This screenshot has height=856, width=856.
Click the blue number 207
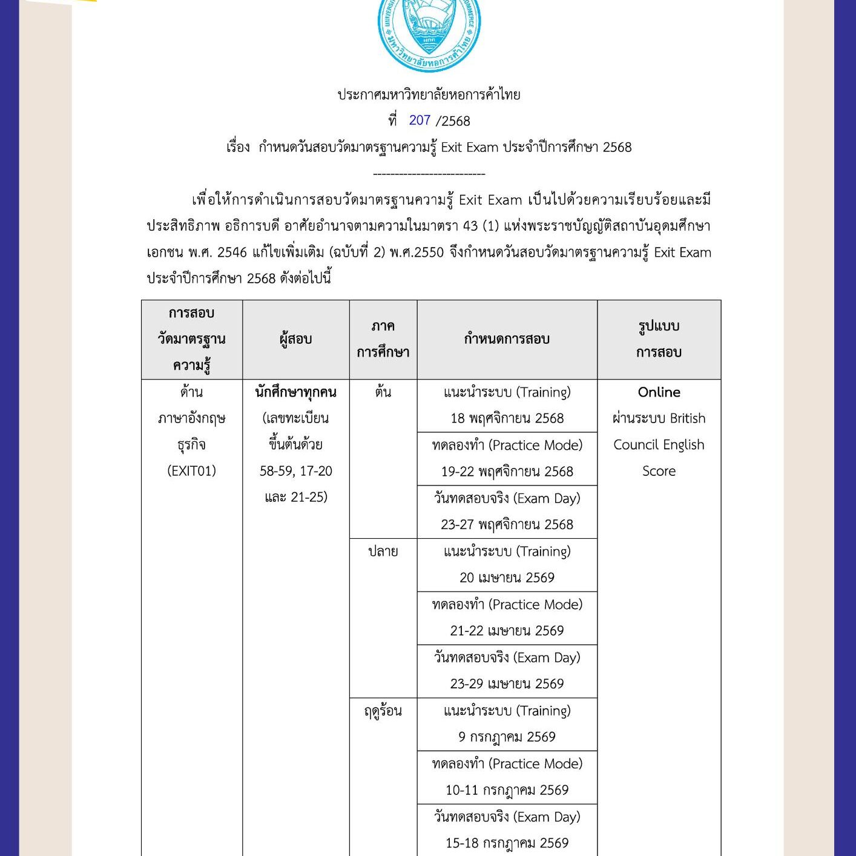pos(420,120)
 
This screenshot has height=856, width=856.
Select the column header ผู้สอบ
pos(295,339)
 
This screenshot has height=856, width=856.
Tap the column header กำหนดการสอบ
pos(507,339)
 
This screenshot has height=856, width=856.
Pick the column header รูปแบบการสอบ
pos(659,339)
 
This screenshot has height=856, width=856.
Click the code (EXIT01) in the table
pos(191,471)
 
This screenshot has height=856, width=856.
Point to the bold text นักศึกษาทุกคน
pos(295,392)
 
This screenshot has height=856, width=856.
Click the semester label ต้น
pos(383,392)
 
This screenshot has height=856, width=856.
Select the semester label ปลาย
pos(383,551)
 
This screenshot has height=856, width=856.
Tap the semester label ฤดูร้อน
pos(383,711)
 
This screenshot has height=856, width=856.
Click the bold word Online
pos(659,392)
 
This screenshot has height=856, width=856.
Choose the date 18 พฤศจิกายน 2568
pos(507,418)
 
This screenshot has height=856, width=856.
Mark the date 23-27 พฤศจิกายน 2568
pos(507,524)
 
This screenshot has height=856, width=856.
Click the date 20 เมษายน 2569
pos(507,578)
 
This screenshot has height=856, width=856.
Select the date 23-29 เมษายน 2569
pos(507,683)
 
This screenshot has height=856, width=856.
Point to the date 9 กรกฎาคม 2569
pos(507,737)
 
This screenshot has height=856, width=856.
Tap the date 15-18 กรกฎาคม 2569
pos(507,843)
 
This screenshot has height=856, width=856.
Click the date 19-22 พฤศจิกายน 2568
pos(507,472)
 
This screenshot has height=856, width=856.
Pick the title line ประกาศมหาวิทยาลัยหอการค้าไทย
pos(429,94)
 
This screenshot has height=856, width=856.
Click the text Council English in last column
pos(659,445)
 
